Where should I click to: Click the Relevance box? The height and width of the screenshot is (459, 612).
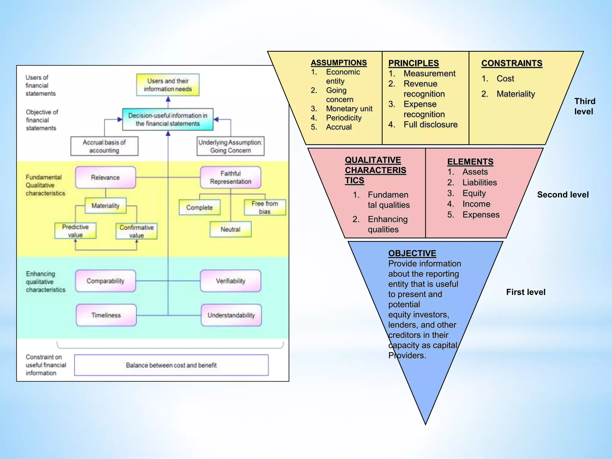coord(105,178)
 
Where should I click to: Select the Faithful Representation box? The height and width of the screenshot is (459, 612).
coord(230,178)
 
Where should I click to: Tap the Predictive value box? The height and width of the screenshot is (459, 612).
coord(75,231)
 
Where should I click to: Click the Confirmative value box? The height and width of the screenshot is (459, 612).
coord(137,231)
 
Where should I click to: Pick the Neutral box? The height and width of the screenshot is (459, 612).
coord(230,229)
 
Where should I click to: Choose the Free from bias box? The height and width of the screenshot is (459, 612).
coord(265,207)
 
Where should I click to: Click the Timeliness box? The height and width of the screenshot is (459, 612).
coord(106,315)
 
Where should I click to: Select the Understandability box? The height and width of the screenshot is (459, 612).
coord(231,315)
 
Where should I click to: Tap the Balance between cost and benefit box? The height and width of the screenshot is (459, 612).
coord(171,365)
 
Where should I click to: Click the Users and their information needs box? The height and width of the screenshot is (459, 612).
coord(168,85)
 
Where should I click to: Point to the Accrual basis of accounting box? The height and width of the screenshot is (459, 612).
coord(104,146)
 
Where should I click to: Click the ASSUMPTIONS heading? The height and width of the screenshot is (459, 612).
coord(339,63)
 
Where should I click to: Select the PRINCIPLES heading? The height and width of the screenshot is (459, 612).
coord(413,63)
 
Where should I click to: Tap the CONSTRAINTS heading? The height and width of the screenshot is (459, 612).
coord(512,63)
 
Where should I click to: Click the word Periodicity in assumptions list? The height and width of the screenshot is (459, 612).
coord(344,118)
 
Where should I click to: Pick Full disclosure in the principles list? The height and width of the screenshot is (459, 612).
coord(430,125)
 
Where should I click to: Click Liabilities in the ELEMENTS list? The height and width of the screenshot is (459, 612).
coord(479,183)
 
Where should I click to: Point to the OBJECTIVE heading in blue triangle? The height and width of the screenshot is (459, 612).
coord(412,253)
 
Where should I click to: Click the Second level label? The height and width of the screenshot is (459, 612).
coord(563,195)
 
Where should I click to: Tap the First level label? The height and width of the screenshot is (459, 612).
coord(526,292)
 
